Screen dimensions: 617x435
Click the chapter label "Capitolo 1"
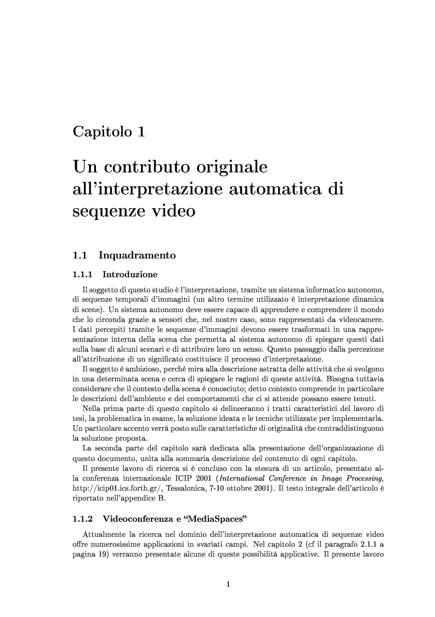(109, 132)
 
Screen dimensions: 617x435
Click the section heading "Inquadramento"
(137, 255)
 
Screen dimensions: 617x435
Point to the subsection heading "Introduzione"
(130, 274)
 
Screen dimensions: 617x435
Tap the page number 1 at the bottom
(228, 584)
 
